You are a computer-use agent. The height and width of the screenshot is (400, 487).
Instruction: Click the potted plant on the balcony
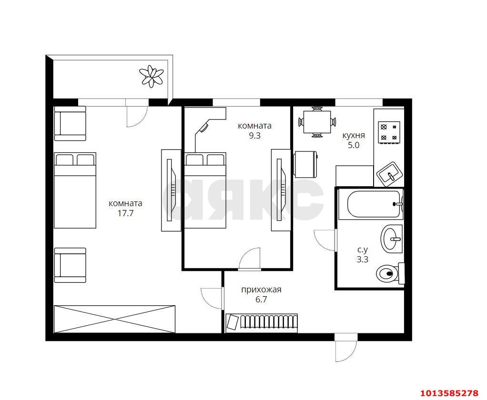(x=151, y=76)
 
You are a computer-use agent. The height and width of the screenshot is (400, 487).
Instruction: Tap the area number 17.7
(x=125, y=213)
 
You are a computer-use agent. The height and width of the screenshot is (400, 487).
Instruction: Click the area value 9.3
(x=254, y=136)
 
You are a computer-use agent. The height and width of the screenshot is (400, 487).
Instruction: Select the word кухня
(x=354, y=136)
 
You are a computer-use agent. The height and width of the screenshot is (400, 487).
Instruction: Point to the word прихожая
(x=261, y=290)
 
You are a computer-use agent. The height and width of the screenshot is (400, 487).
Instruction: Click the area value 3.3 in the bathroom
(x=362, y=260)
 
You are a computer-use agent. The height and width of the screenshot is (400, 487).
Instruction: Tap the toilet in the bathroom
(x=390, y=273)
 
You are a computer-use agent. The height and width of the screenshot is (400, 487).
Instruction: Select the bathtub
(x=371, y=204)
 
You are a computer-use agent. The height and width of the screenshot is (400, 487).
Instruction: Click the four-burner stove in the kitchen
(x=389, y=132)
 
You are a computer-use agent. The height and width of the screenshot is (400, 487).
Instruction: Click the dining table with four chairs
(x=317, y=122)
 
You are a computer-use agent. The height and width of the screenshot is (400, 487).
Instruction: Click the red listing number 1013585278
(x=449, y=393)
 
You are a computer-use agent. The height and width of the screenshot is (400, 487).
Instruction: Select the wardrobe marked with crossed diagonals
(x=115, y=319)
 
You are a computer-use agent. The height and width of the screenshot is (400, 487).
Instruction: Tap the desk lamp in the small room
(x=204, y=127)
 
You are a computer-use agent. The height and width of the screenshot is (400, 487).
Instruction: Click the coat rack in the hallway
(x=262, y=323)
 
